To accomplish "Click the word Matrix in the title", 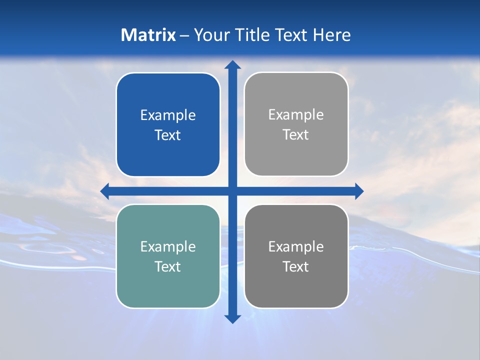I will coord(148,35).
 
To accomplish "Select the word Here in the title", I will coord(332,35).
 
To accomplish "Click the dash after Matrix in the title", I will coord(184,35).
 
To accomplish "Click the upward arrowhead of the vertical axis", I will coord(232,65).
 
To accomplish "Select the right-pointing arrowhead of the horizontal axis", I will coord(358,191).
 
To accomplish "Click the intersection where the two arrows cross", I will coord(232,191).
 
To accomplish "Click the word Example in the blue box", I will coord(168,115).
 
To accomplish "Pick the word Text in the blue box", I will coord(168,135).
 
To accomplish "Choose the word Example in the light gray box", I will coord(296,115).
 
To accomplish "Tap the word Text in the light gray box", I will coord(296,135).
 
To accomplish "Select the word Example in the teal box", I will coord(168,247).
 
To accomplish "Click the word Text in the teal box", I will coord(168,267).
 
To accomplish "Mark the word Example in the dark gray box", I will coord(296,247).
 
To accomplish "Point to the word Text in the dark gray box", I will coord(296,267).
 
